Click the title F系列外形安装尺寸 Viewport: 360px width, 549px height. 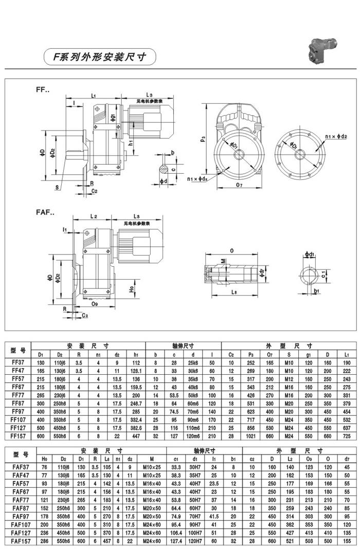coord(98,57)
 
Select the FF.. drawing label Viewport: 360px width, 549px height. coord(43,90)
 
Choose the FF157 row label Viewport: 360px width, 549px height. coord(18,436)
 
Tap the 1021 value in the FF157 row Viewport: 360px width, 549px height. coord(251,436)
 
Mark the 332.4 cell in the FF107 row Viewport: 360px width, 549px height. coord(136,419)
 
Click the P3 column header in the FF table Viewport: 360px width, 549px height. coord(251,354)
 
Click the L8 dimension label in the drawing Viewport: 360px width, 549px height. coord(235,292)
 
